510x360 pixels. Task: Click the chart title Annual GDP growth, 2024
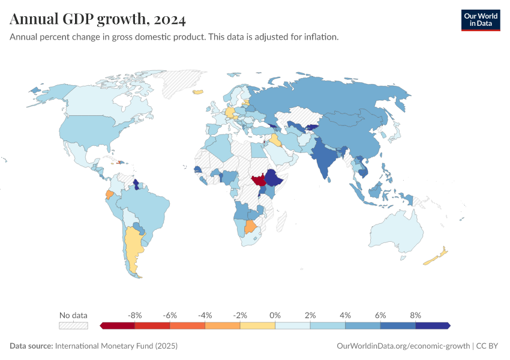coord(98,19)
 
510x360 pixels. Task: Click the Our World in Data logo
coord(480,20)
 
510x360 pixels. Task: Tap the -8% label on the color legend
coord(134,315)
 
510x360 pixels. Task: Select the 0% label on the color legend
coord(275,315)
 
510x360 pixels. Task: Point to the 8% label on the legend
coord(415,315)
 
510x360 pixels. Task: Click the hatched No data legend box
coord(73,325)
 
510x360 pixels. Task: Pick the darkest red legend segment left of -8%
coord(118,325)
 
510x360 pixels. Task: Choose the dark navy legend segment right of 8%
coord(432,325)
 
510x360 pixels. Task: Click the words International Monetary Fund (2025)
coord(116,346)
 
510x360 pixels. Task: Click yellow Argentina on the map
coord(133,246)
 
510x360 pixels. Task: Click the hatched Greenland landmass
coord(183,84)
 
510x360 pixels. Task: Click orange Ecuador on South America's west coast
coord(109,195)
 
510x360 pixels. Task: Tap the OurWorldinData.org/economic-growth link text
coord(404,346)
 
